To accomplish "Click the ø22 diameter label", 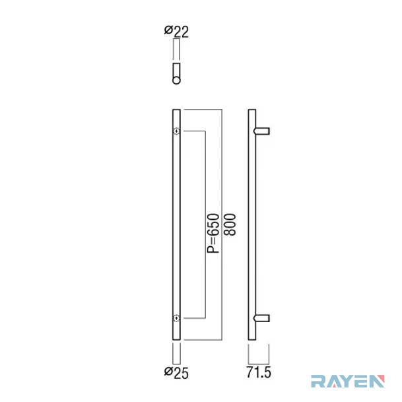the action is click(176, 32).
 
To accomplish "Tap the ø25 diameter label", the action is click(176, 373).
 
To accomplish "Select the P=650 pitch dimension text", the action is click(213, 233).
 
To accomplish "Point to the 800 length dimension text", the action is click(230, 224).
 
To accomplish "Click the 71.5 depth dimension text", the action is click(259, 372).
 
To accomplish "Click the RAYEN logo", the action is click(348, 381).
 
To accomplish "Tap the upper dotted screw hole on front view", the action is click(176, 131).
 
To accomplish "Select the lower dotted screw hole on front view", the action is click(176, 318).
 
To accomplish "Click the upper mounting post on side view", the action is click(262, 131).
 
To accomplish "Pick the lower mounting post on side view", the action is click(262, 318).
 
